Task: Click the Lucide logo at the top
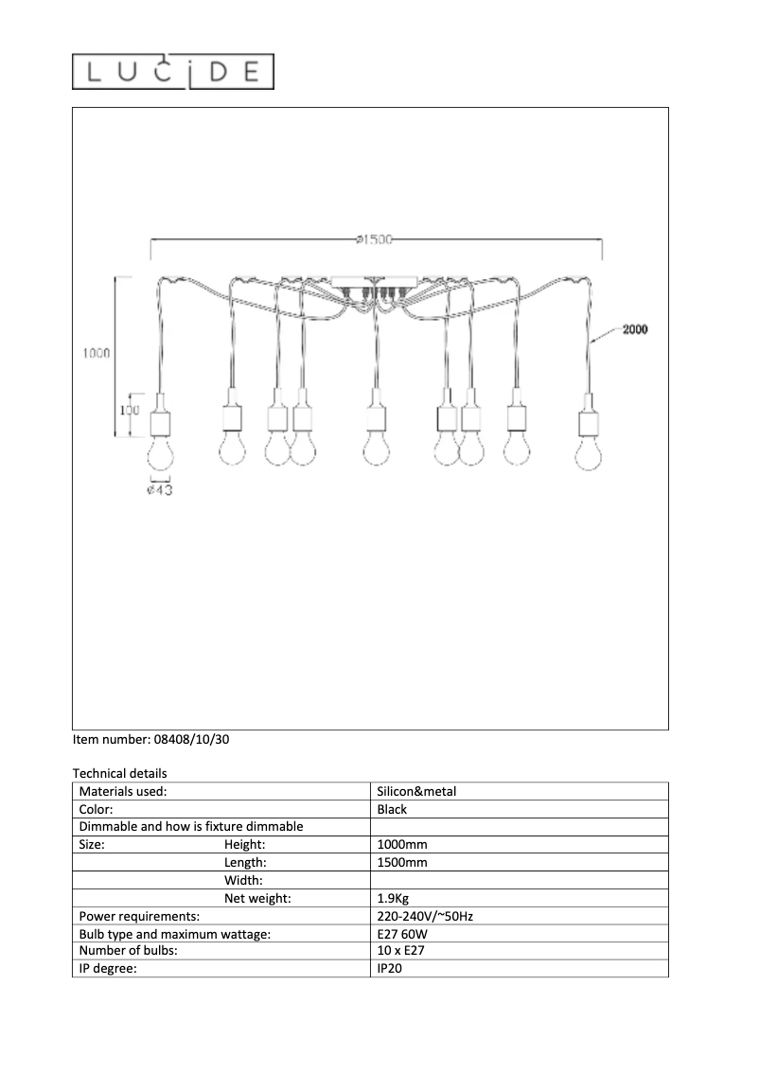pos(173,72)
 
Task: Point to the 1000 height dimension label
pos(95,353)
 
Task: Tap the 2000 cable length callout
pos(634,329)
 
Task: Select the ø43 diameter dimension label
pos(159,490)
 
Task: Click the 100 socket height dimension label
pos(131,411)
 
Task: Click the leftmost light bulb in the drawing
pos(159,453)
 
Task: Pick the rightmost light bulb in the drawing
pos(590,453)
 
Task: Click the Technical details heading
pos(119,774)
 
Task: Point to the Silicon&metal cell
pos(416,792)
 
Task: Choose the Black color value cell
pos(392,810)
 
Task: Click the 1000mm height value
pos(402,845)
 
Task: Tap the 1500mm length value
pos(402,863)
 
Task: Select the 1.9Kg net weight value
pos(394,899)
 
